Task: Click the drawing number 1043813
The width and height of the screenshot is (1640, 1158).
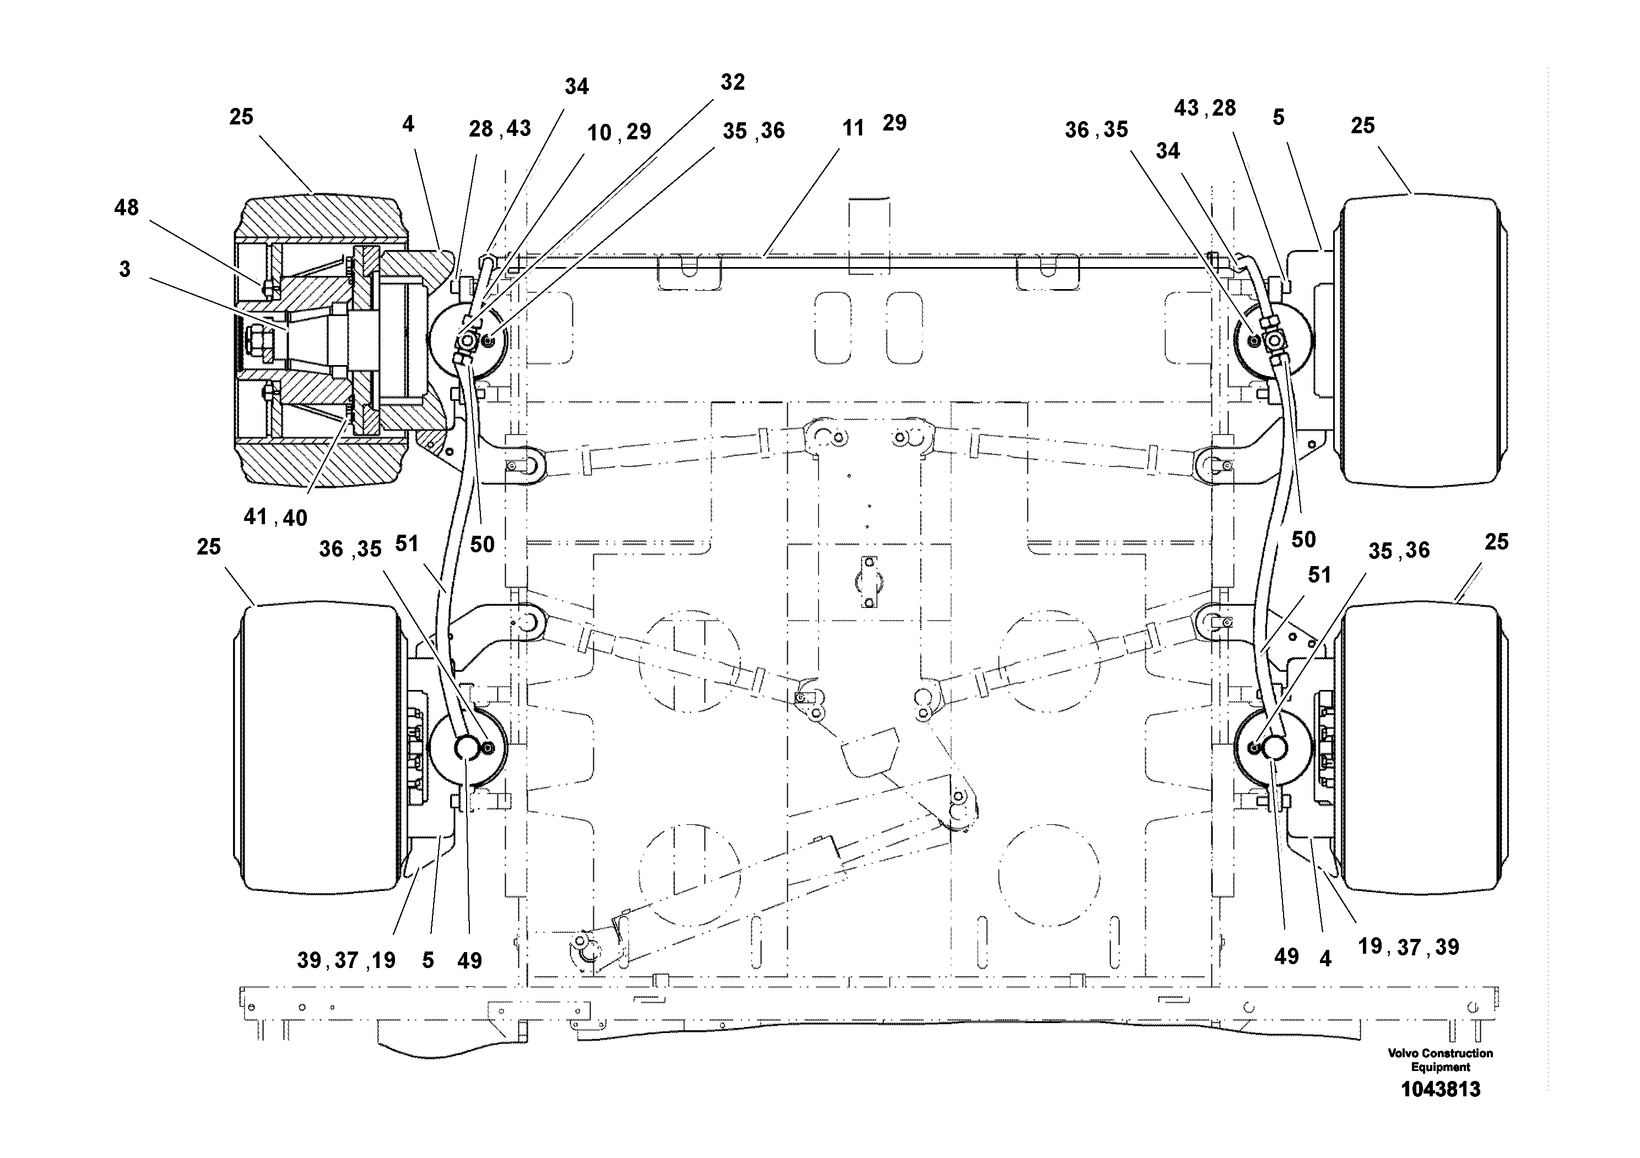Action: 1440,1090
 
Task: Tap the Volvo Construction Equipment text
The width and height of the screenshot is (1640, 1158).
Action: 1440,1059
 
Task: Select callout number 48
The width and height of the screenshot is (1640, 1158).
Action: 126,208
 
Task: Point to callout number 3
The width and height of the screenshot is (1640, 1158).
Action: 125,269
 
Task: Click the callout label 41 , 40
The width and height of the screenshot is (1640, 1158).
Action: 275,517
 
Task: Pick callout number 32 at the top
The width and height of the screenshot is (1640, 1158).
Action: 732,82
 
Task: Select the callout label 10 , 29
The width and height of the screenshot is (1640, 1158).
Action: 619,132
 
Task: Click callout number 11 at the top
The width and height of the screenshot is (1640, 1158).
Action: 853,128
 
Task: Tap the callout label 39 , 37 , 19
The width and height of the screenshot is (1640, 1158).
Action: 346,960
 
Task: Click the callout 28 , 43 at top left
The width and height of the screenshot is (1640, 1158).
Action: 499,128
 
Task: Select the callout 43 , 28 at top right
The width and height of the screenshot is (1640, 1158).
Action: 1204,108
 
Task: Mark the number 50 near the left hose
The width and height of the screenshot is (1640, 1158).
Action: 482,545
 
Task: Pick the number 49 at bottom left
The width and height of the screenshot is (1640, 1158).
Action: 469,961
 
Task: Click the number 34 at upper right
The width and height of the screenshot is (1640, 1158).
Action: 1168,151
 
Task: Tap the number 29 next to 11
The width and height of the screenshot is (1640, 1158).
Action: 894,123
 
